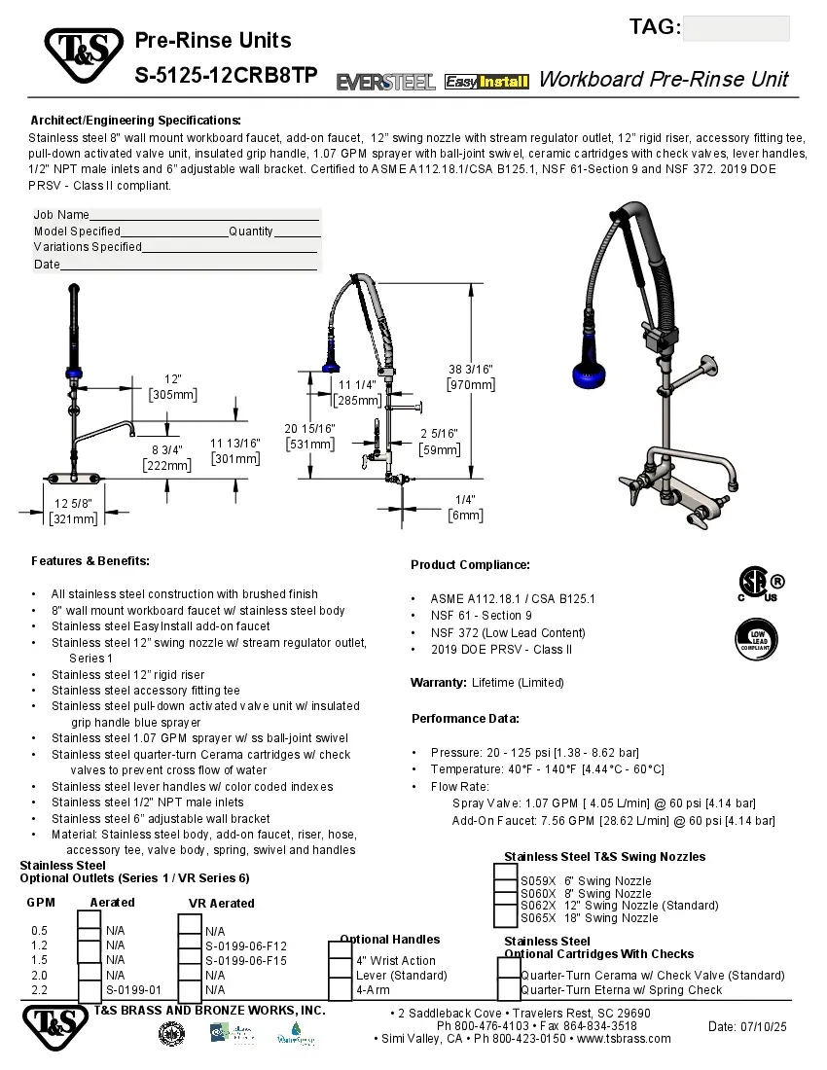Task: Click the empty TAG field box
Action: click(x=736, y=28)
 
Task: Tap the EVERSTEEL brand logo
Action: click(x=385, y=83)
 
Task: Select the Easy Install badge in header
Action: click(x=485, y=83)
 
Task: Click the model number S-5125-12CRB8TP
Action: click(x=226, y=76)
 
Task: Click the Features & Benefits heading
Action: click(x=90, y=561)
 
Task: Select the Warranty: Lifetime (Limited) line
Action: click(x=486, y=683)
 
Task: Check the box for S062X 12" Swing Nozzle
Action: click(x=505, y=906)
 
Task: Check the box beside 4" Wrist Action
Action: click(x=340, y=961)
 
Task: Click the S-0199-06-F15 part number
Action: click(x=245, y=960)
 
